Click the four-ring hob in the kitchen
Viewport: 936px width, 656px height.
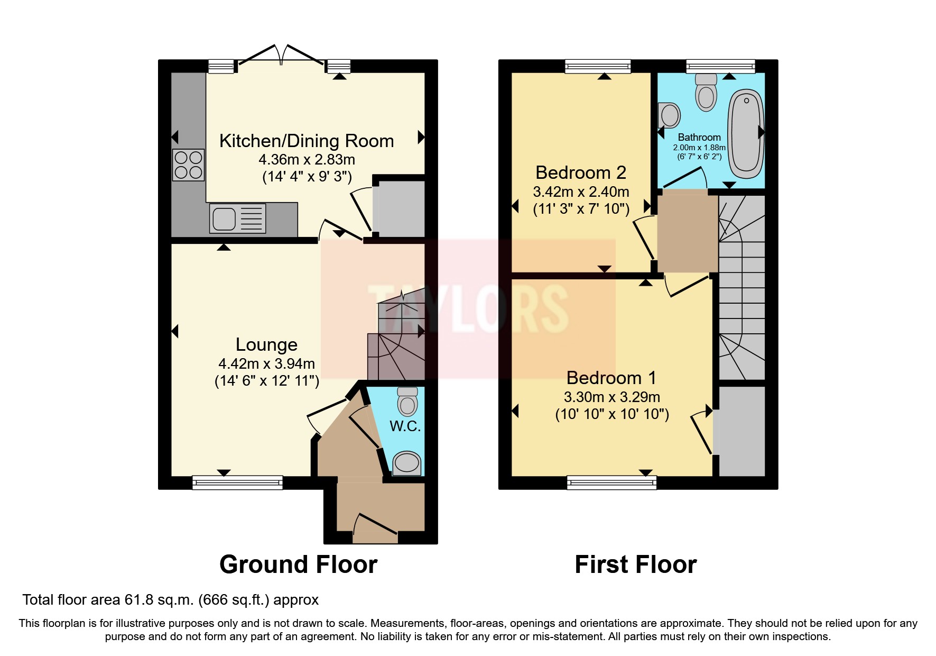(188, 165)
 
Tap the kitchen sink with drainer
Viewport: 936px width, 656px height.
(237, 218)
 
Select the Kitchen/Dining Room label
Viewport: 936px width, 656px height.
(307, 141)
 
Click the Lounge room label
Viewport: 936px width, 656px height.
(266, 345)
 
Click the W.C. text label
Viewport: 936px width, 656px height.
(405, 426)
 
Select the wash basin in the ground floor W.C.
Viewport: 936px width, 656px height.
(406, 463)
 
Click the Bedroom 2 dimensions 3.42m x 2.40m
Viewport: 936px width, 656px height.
(581, 192)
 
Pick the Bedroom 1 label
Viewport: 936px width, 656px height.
(611, 378)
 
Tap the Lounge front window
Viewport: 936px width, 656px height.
(237, 482)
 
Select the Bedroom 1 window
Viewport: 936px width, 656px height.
(611, 482)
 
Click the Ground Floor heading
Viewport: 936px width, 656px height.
(298, 564)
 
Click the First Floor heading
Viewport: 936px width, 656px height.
(635, 564)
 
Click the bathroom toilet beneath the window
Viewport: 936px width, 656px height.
(706, 92)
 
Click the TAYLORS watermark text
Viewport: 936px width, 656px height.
(468, 309)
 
